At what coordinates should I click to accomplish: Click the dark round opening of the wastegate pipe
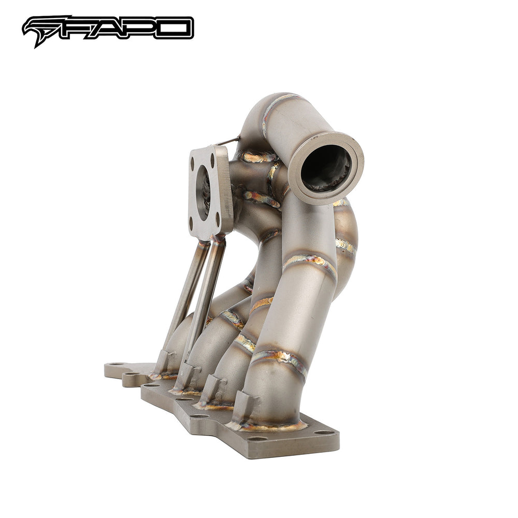pyautogui.click(x=325, y=168)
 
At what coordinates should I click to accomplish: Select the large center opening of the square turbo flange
pyautogui.click(x=204, y=192)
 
